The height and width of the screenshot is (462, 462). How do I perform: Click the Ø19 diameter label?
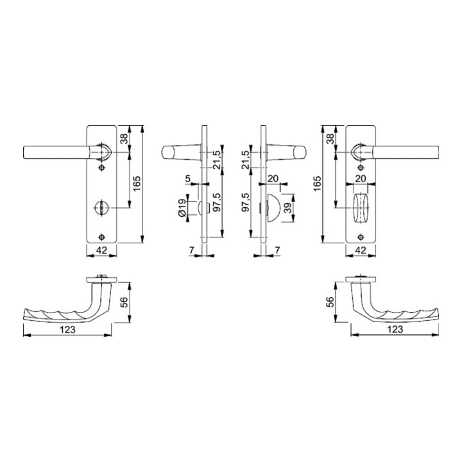(182, 208)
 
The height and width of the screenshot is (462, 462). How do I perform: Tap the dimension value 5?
(188, 178)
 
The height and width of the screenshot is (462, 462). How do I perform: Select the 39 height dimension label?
(288, 208)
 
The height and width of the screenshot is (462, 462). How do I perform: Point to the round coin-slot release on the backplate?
(101, 208)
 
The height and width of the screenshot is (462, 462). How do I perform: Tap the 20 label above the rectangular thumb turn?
(361, 178)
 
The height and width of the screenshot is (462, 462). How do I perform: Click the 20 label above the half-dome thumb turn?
(273, 178)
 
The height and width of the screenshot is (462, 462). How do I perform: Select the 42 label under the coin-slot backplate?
(101, 250)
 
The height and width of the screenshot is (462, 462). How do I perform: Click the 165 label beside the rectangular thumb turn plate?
(317, 184)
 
